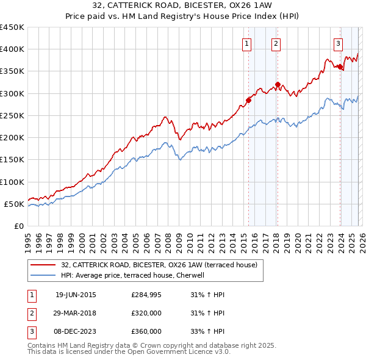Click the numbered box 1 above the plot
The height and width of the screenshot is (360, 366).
pyautogui.click(x=247, y=43)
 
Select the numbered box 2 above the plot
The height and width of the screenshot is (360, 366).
pyautogui.click(x=276, y=43)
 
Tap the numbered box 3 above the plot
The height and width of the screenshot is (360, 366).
pyautogui.click(x=338, y=43)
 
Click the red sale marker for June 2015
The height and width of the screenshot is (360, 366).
pyautogui.click(x=248, y=100)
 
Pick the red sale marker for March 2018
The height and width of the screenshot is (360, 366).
pyautogui.click(x=278, y=85)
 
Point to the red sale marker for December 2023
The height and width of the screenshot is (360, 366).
pyautogui.click(x=340, y=67)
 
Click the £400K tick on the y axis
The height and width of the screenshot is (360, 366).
pyautogui.click(x=13, y=49)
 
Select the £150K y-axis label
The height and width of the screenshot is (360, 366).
pyautogui.click(x=13, y=160)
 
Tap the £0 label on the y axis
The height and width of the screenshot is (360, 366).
pyautogui.click(x=19, y=226)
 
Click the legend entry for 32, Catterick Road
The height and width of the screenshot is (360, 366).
pyautogui.click(x=159, y=265)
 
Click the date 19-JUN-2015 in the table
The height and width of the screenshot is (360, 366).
pyautogui.click(x=76, y=295)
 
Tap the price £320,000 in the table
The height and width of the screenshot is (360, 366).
pyautogui.click(x=146, y=313)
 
